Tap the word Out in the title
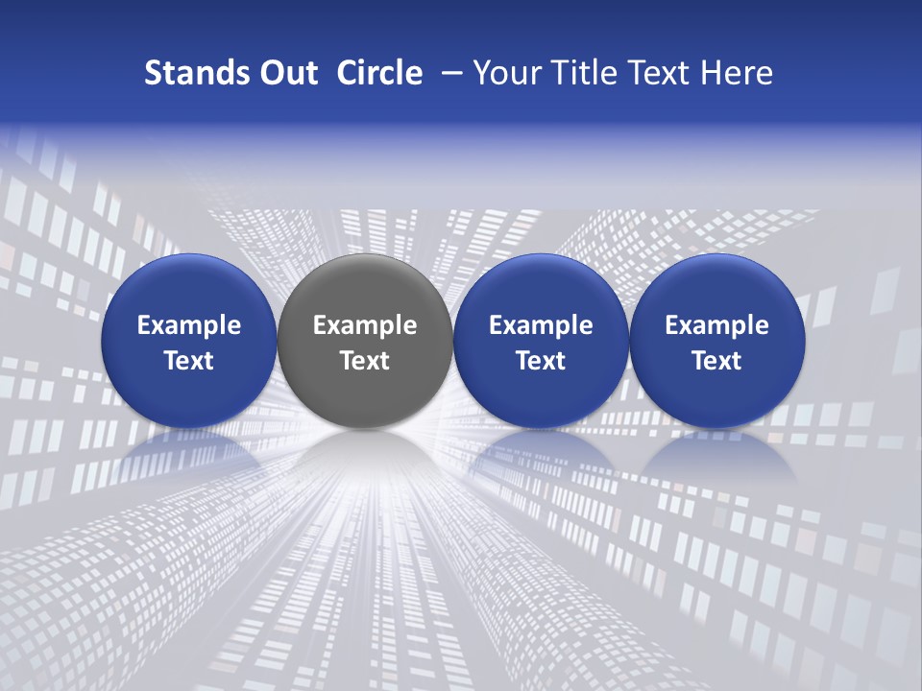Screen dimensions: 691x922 (x=286, y=73)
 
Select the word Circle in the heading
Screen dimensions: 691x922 (x=379, y=73)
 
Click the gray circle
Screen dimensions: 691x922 (x=364, y=288)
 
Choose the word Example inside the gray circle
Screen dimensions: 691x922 (x=365, y=325)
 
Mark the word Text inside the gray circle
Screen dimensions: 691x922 (x=365, y=361)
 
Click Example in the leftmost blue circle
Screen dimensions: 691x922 (x=188, y=325)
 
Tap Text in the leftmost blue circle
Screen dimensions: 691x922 (x=188, y=361)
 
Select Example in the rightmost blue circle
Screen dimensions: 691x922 (x=716, y=325)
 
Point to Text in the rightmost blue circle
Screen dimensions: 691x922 (x=716, y=361)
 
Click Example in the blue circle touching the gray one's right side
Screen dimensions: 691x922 (x=541, y=325)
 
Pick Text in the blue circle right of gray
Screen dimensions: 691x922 (x=541, y=361)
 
